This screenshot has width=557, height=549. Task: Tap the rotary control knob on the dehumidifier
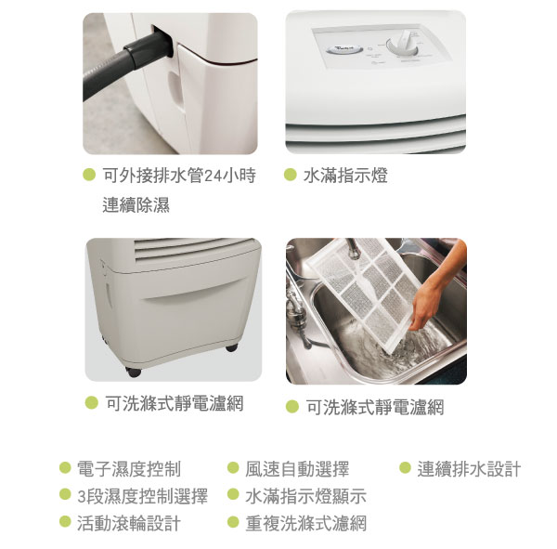404,45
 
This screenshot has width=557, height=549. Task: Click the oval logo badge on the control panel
344,49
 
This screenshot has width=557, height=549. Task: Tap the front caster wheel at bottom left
134,373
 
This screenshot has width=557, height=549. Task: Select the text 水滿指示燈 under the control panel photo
345,176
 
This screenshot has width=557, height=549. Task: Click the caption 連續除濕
136,204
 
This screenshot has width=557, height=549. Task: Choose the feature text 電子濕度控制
129,469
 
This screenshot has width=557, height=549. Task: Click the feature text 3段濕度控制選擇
142,496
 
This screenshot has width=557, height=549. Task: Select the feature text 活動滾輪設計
129,523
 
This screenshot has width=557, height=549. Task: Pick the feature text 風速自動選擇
297,469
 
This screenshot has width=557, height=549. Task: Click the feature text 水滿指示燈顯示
305,496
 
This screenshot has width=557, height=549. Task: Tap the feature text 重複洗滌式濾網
305,523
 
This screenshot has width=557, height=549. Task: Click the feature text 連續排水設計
469,469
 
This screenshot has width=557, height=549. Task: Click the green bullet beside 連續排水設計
406,467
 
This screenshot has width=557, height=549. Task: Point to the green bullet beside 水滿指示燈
291,175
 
